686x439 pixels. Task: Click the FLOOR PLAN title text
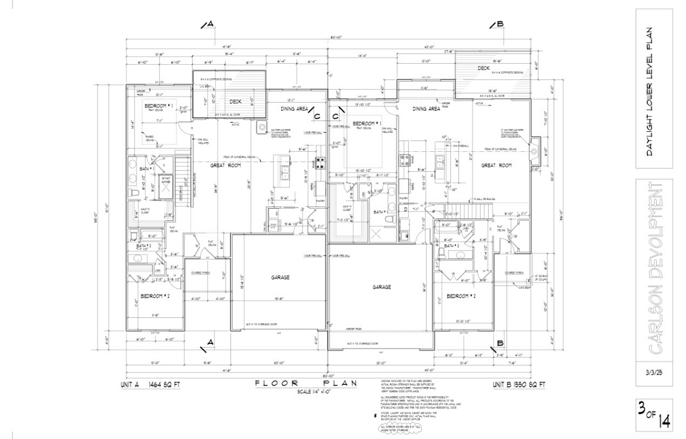point(306,383)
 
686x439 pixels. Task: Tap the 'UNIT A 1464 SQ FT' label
point(150,385)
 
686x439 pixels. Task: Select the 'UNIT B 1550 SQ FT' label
point(519,385)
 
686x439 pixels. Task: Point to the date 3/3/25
point(653,373)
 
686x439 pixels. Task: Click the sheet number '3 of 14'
point(654,414)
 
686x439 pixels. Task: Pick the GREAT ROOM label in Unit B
point(496,165)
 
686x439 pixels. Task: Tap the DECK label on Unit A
point(235,101)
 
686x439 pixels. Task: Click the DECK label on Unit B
point(483,68)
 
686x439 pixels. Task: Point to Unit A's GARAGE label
point(280,277)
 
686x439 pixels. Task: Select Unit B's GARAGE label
point(382,287)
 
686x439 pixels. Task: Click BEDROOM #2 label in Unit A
point(155,296)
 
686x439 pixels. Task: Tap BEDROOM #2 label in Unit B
point(461,296)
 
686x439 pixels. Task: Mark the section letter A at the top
point(210,24)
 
